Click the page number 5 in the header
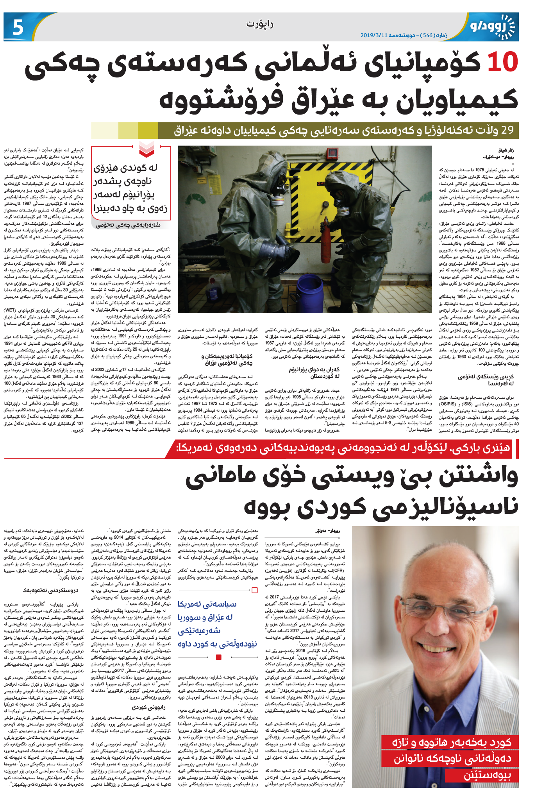[x=18, y=27]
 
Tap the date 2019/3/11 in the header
[x=374, y=35]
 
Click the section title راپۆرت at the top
[x=259, y=24]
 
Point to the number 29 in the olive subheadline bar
[x=507, y=130]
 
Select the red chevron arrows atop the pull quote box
[x=147, y=149]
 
